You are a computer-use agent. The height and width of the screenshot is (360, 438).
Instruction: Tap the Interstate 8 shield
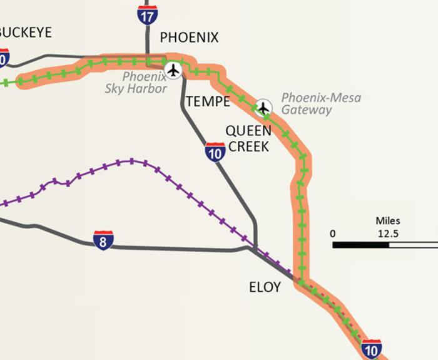point(103,240)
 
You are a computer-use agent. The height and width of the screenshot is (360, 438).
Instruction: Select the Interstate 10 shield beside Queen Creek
point(215,152)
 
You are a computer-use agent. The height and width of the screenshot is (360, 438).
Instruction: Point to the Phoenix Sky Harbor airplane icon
point(173,70)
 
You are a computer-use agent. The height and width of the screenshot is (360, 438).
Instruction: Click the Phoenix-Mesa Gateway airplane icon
point(264,108)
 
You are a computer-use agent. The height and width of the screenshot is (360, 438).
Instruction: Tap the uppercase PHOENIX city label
point(190,38)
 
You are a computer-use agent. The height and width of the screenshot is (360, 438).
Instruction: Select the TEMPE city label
point(208,101)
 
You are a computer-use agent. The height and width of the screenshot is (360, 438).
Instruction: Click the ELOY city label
point(265,287)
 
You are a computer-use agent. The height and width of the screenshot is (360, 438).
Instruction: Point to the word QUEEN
point(248,131)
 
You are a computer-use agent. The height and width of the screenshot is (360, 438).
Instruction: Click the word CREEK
point(248,147)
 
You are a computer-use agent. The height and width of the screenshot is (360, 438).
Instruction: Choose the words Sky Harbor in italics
point(136,89)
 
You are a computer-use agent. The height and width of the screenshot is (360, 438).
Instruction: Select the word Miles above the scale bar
point(388,220)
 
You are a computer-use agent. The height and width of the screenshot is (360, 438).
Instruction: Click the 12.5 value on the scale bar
point(388,234)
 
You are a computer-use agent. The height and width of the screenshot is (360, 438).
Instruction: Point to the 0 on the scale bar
point(333,234)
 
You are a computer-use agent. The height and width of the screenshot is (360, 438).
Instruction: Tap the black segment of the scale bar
point(360,245)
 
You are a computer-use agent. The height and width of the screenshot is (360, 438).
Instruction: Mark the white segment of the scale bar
point(413,245)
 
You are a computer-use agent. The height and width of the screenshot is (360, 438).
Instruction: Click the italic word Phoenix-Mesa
point(321,98)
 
